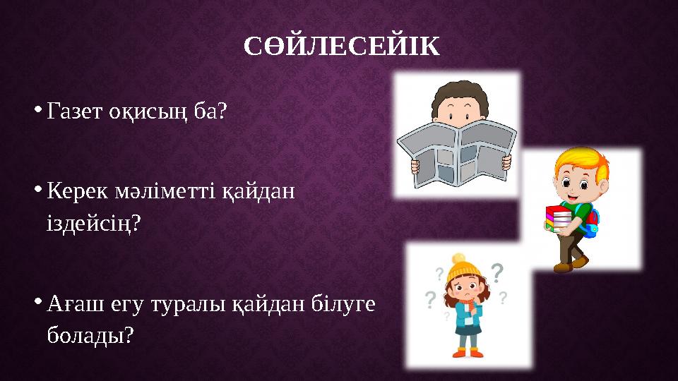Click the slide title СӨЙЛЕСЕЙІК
coord(341,47)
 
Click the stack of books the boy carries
coord(559,219)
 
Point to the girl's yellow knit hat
coord(462,267)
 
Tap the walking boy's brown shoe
coord(562,267)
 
